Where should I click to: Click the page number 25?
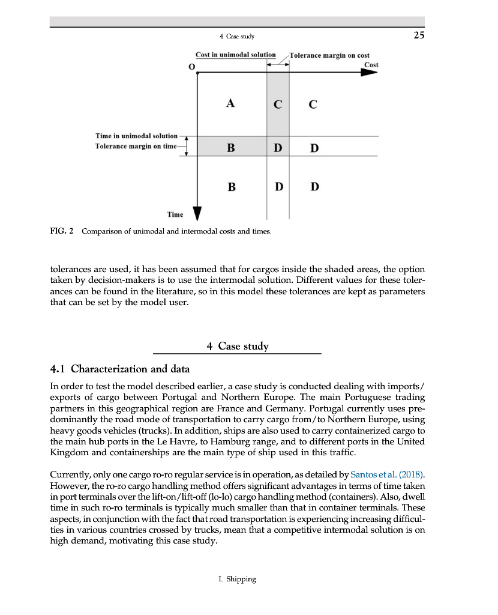point(419,35)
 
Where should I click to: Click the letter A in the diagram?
point(230,103)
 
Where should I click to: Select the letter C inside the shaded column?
point(278,105)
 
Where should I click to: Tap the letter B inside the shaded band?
point(231,147)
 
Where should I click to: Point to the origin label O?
point(191,67)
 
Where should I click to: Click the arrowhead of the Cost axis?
point(369,72)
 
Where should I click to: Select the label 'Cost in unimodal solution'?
point(235,55)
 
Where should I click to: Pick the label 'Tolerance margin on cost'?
point(329,55)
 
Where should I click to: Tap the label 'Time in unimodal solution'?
point(136,136)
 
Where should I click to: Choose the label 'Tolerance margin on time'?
point(136,146)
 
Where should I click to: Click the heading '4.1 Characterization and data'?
point(120,368)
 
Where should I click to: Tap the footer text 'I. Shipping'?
point(237,579)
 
